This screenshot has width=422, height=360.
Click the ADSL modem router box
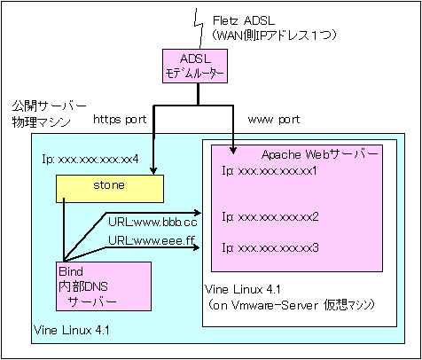[195, 66]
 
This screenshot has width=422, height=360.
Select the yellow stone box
[110, 189]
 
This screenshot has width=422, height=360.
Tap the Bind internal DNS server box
[104, 286]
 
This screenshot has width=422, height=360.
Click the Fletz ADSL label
[244, 20]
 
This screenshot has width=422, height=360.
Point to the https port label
[120, 120]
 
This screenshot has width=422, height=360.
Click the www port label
[274, 120]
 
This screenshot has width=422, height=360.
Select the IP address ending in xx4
[90, 160]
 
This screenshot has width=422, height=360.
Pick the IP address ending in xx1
[270, 171]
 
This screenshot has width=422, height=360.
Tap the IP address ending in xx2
[270, 217]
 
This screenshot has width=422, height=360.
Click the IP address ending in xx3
[270, 247]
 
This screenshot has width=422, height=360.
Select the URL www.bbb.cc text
[152, 223]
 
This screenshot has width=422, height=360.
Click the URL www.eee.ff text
[152, 240]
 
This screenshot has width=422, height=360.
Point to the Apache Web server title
[320, 154]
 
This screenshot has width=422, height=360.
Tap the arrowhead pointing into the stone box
[153, 171]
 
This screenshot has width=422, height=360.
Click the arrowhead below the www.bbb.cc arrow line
[198, 213]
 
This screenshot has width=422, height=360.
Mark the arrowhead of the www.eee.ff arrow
[197, 247]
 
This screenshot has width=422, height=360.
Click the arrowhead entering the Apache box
[233, 151]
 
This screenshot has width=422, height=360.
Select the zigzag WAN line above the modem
[199, 29]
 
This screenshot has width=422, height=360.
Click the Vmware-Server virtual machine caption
[291, 305]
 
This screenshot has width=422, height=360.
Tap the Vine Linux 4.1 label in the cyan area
[72, 330]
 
